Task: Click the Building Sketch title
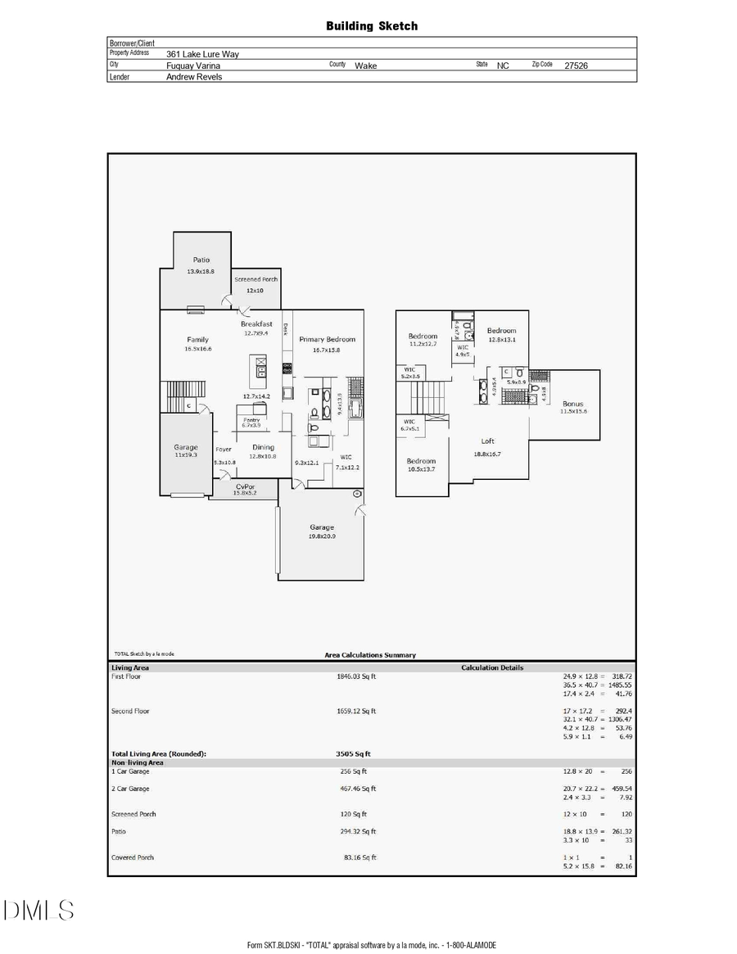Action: [372, 26]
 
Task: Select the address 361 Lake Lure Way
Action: [202, 54]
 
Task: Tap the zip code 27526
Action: [576, 66]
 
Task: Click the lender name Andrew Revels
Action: [194, 77]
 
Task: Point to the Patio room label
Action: [201, 260]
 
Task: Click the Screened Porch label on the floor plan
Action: [256, 279]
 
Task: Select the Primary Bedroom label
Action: [326, 339]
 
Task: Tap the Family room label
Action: [197, 339]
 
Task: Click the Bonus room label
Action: [573, 404]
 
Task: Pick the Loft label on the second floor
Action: [488, 441]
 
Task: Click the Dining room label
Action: [263, 447]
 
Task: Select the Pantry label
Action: [251, 419]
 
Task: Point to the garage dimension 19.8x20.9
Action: [321, 536]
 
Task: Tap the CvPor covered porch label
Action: [245, 486]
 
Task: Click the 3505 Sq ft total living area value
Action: [353, 753]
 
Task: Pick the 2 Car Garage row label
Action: [130, 789]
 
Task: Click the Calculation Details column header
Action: [492, 667]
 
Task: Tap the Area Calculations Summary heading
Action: [370, 655]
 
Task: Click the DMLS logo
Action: [39, 910]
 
